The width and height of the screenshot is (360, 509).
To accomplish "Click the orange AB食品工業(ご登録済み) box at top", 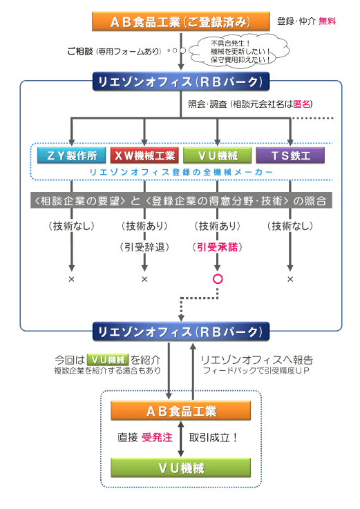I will (180, 21).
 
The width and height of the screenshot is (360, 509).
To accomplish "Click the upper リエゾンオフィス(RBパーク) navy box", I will (180, 83).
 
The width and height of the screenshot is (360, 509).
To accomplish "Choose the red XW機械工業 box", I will (144, 155).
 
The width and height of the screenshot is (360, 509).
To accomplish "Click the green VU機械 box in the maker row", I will (218, 155).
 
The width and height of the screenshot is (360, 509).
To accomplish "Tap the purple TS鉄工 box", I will (290, 155).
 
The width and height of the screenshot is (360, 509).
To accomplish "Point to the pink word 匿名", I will (303, 104).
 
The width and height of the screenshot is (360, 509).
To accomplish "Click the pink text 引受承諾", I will (218, 247).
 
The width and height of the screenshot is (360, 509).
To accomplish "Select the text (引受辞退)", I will (144, 247).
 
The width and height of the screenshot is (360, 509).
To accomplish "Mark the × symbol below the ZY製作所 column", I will (71, 279).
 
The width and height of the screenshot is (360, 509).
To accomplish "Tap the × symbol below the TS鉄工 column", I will (290, 279).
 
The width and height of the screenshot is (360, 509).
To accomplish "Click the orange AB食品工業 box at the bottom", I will (181, 412).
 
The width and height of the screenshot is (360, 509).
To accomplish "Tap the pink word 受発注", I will (156, 437).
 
